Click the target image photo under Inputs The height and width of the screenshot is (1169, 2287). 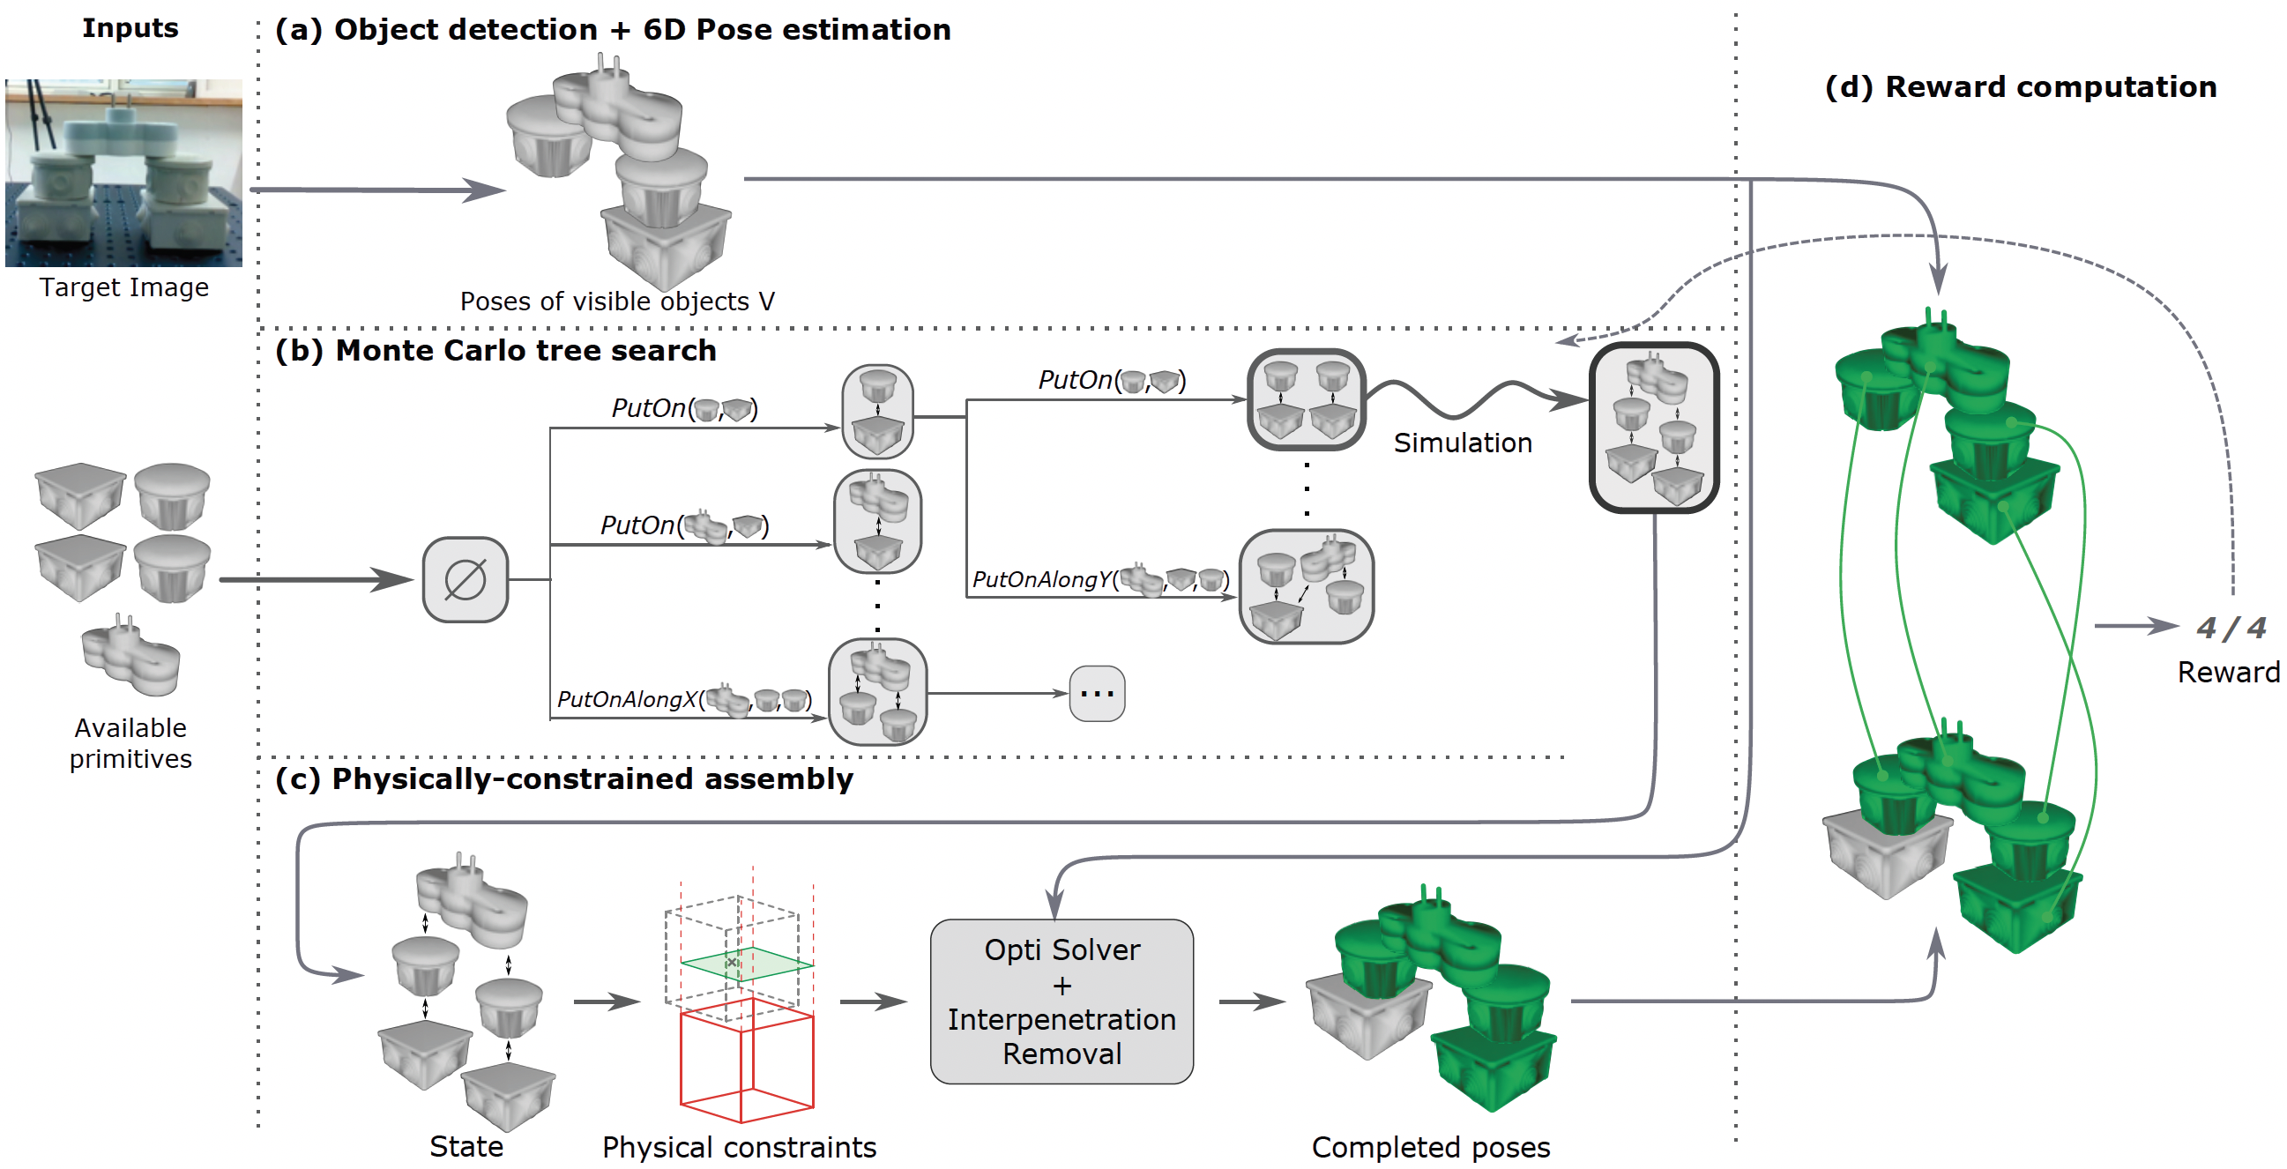[x=123, y=172]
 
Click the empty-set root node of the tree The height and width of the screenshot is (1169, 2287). [x=466, y=579]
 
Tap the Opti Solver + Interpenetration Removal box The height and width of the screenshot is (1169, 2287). [x=1061, y=1001]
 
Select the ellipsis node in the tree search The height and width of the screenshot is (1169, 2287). [x=1097, y=693]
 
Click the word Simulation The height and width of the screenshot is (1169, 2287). [x=1463, y=443]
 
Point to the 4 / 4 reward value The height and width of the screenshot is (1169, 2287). [x=2231, y=629]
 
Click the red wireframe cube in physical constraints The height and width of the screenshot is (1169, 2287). [x=746, y=1061]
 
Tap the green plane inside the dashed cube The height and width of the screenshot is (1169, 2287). [x=746, y=964]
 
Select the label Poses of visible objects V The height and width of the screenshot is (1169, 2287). [x=617, y=302]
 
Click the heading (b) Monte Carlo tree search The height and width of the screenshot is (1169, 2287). [x=495, y=351]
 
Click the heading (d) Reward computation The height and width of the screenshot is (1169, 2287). [x=2020, y=87]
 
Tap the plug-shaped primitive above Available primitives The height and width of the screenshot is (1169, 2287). [x=130, y=658]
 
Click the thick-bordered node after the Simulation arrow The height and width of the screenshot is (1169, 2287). [x=1653, y=428]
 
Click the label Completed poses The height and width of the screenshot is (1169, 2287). [x=1430, y=1148]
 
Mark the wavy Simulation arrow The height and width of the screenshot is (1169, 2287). [x=1474, y=398]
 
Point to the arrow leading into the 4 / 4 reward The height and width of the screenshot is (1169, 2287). [x=2135, y=626]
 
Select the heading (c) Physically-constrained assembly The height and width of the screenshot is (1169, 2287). [x=563, y=779]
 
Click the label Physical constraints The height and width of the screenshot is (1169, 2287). [x=739, y=1148]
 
